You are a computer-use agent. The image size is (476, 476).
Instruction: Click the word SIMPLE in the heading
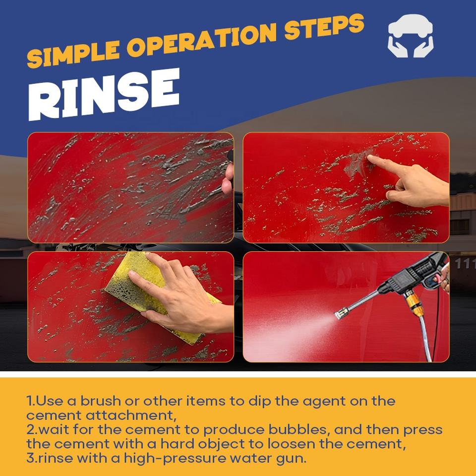click(x=73, y=54)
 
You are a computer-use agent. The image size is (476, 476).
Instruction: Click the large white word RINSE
click(x=104, y=94)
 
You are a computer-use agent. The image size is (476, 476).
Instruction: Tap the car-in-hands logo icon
click(x=411, y=36)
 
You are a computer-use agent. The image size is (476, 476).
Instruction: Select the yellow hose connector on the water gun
click(x=413, y=301)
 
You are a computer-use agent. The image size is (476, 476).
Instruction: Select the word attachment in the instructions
click(x=130, y=415)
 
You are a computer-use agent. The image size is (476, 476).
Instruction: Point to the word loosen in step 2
click(x=291, y=444)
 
